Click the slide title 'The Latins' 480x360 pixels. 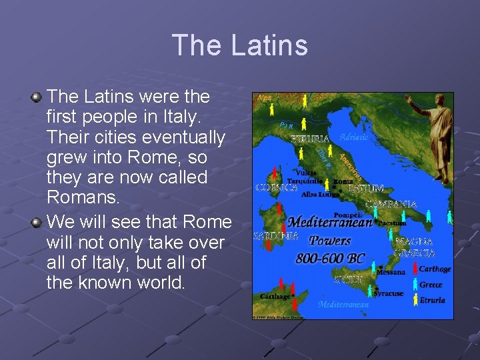click(x=240, y=45)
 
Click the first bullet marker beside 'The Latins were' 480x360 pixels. click(x=37, y=98)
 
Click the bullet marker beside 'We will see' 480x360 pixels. click(x=37, y=221)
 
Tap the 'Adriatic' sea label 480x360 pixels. click(x=353, y=137)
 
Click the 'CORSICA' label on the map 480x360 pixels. click(x=276, y=187)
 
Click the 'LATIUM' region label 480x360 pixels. click(x=366, y=189)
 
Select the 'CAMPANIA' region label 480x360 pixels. click(x=392, y=204)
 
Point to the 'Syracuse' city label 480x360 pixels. click(x=388, y=293)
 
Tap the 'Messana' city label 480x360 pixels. click(x=391, y=272)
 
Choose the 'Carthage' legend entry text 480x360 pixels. click(x=435, y=269)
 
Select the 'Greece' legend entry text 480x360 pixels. click(x=431, y=285)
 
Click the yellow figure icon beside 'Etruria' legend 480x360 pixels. click(x=414, y=299)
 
